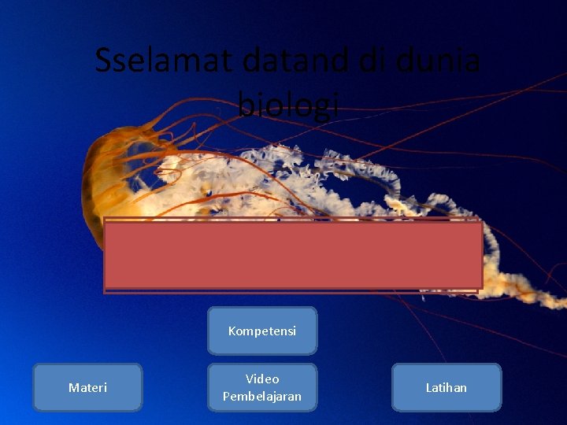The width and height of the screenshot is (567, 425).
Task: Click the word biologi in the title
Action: click(288, 105)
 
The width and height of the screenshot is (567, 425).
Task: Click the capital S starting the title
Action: click(104, 61)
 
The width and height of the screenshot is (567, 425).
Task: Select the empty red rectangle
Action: click(293, 255)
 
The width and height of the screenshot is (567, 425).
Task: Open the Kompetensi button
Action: click(262, 331)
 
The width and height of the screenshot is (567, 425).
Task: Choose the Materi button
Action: click(87, 387)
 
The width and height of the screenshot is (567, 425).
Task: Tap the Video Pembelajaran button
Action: click(262, 387)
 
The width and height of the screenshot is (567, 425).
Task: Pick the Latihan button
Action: click(447, 387)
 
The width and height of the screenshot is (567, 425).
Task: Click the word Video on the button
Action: click(262, 379)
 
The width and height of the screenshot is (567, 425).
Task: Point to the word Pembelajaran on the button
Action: click(262, 396)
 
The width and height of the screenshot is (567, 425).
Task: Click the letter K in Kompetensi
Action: click(232, 331)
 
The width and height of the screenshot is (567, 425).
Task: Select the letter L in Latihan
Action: click(429, 387)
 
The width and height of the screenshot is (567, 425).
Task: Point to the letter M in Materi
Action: click(73, 387)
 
